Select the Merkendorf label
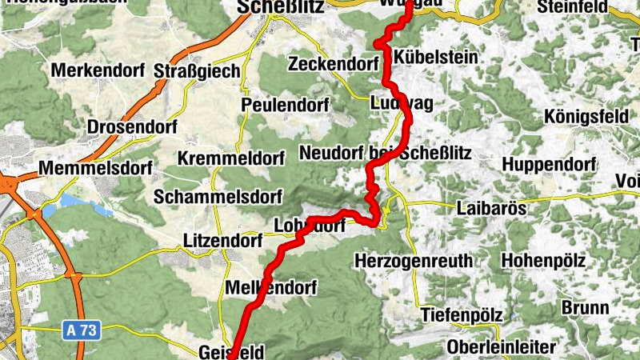click(x=98, y=70)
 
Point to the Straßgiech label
click(x=198, y=72)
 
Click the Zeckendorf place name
click(x=334, y=63)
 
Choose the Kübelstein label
click(x=437, y=58)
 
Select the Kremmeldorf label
click(x=231, y=158)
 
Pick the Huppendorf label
click(x=550, y=165)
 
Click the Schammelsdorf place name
click(x=218, y=196)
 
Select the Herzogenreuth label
click(x=414, y=260)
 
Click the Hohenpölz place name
click(x=543, y=260)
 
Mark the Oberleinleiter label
click(x=502, y=347)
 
